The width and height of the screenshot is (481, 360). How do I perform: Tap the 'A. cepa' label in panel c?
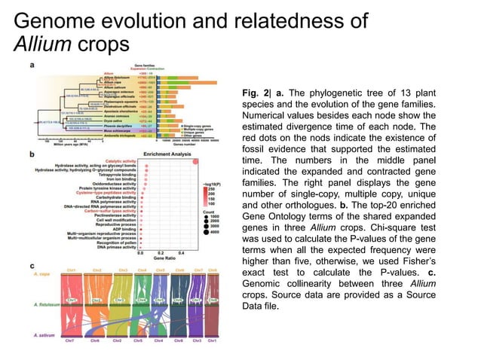click(38, 276)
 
